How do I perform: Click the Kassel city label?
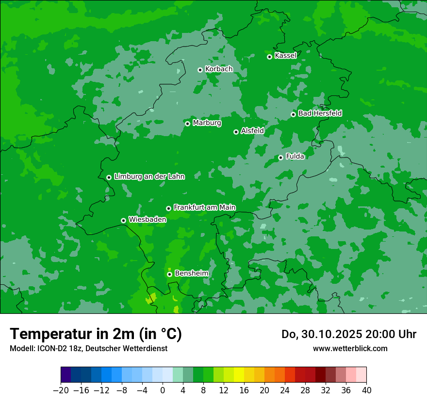pyautogui.click(x=285, y=56)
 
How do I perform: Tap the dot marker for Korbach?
pyautogui.click(x=200, y=70)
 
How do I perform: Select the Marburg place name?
pyautogui.click(x=207, y=123)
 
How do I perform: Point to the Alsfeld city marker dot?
pyautogui.click(x=236, y=132)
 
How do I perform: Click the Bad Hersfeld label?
pyautogui.click(x=320, y=113)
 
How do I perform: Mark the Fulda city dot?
pyautogui.click(x=280, y=157)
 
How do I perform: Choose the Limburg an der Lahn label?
pyautogui.click(x=149, y=177)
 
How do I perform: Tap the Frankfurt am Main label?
pyautogui.click(x=204, y=207)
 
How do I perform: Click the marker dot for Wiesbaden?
pyautogui.click(x=123, y=220)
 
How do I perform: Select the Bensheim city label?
pyautogui.click(x=191, y=273)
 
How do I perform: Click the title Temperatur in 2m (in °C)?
pyautogui.click(x=96, y=334)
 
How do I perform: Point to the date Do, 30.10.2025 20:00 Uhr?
pyautogui.click(x=349, y=334)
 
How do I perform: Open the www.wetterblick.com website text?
pyautogui.click(x=350, y=348)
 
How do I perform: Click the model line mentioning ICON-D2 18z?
pyautogui.click(x=88, y=348)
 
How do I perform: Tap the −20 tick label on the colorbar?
pyautogui.click(x=61, y=390)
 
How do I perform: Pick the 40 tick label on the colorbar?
pyautogui.click(x=366, y=390)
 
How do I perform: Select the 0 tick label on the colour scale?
pyautogui.click(x=163, y=390)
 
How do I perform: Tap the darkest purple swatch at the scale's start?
pyautogui.click(x=66, y=375)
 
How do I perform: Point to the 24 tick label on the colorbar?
pyautogui.click(x=285, y=390)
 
